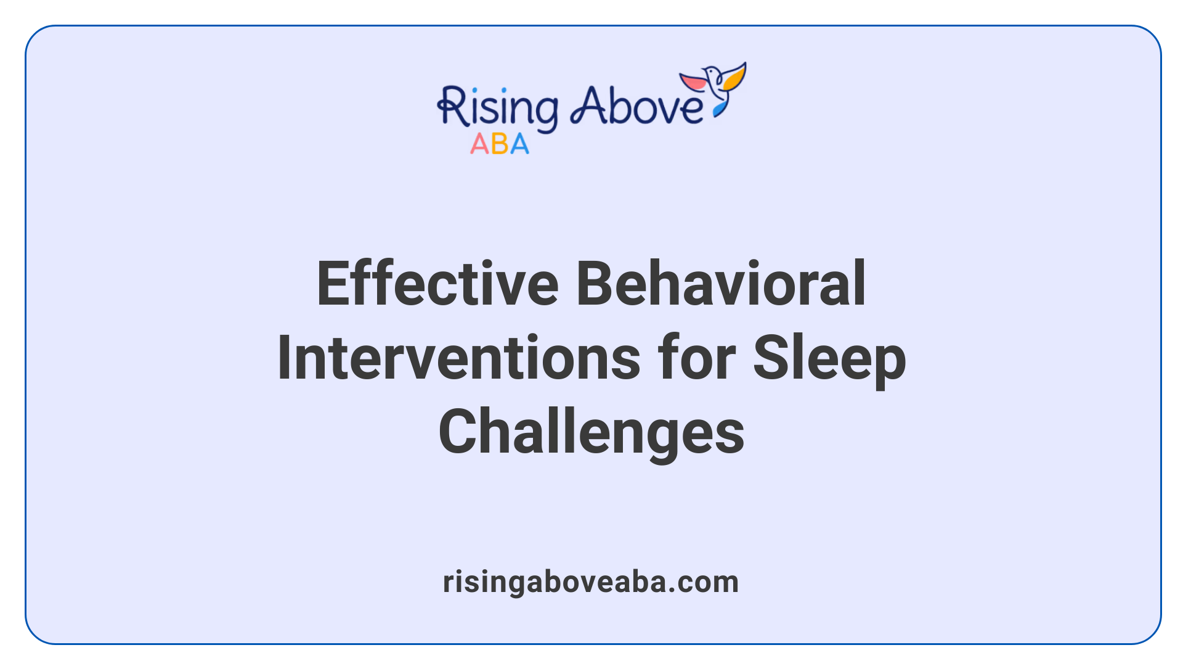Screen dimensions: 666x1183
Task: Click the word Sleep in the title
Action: [x=829, y=359]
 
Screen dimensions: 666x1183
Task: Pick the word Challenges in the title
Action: [x=591, y=433]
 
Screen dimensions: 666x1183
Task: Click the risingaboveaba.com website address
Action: [x=591, y=582]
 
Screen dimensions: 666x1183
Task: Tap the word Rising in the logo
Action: [x=498, y=109]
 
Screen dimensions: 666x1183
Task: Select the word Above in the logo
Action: [x=637, y=106]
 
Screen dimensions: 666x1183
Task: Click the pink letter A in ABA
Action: [x=479, y=144]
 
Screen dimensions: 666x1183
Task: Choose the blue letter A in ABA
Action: [x=519, y=144]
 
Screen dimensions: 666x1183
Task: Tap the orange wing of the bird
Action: [x=734, y=76]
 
